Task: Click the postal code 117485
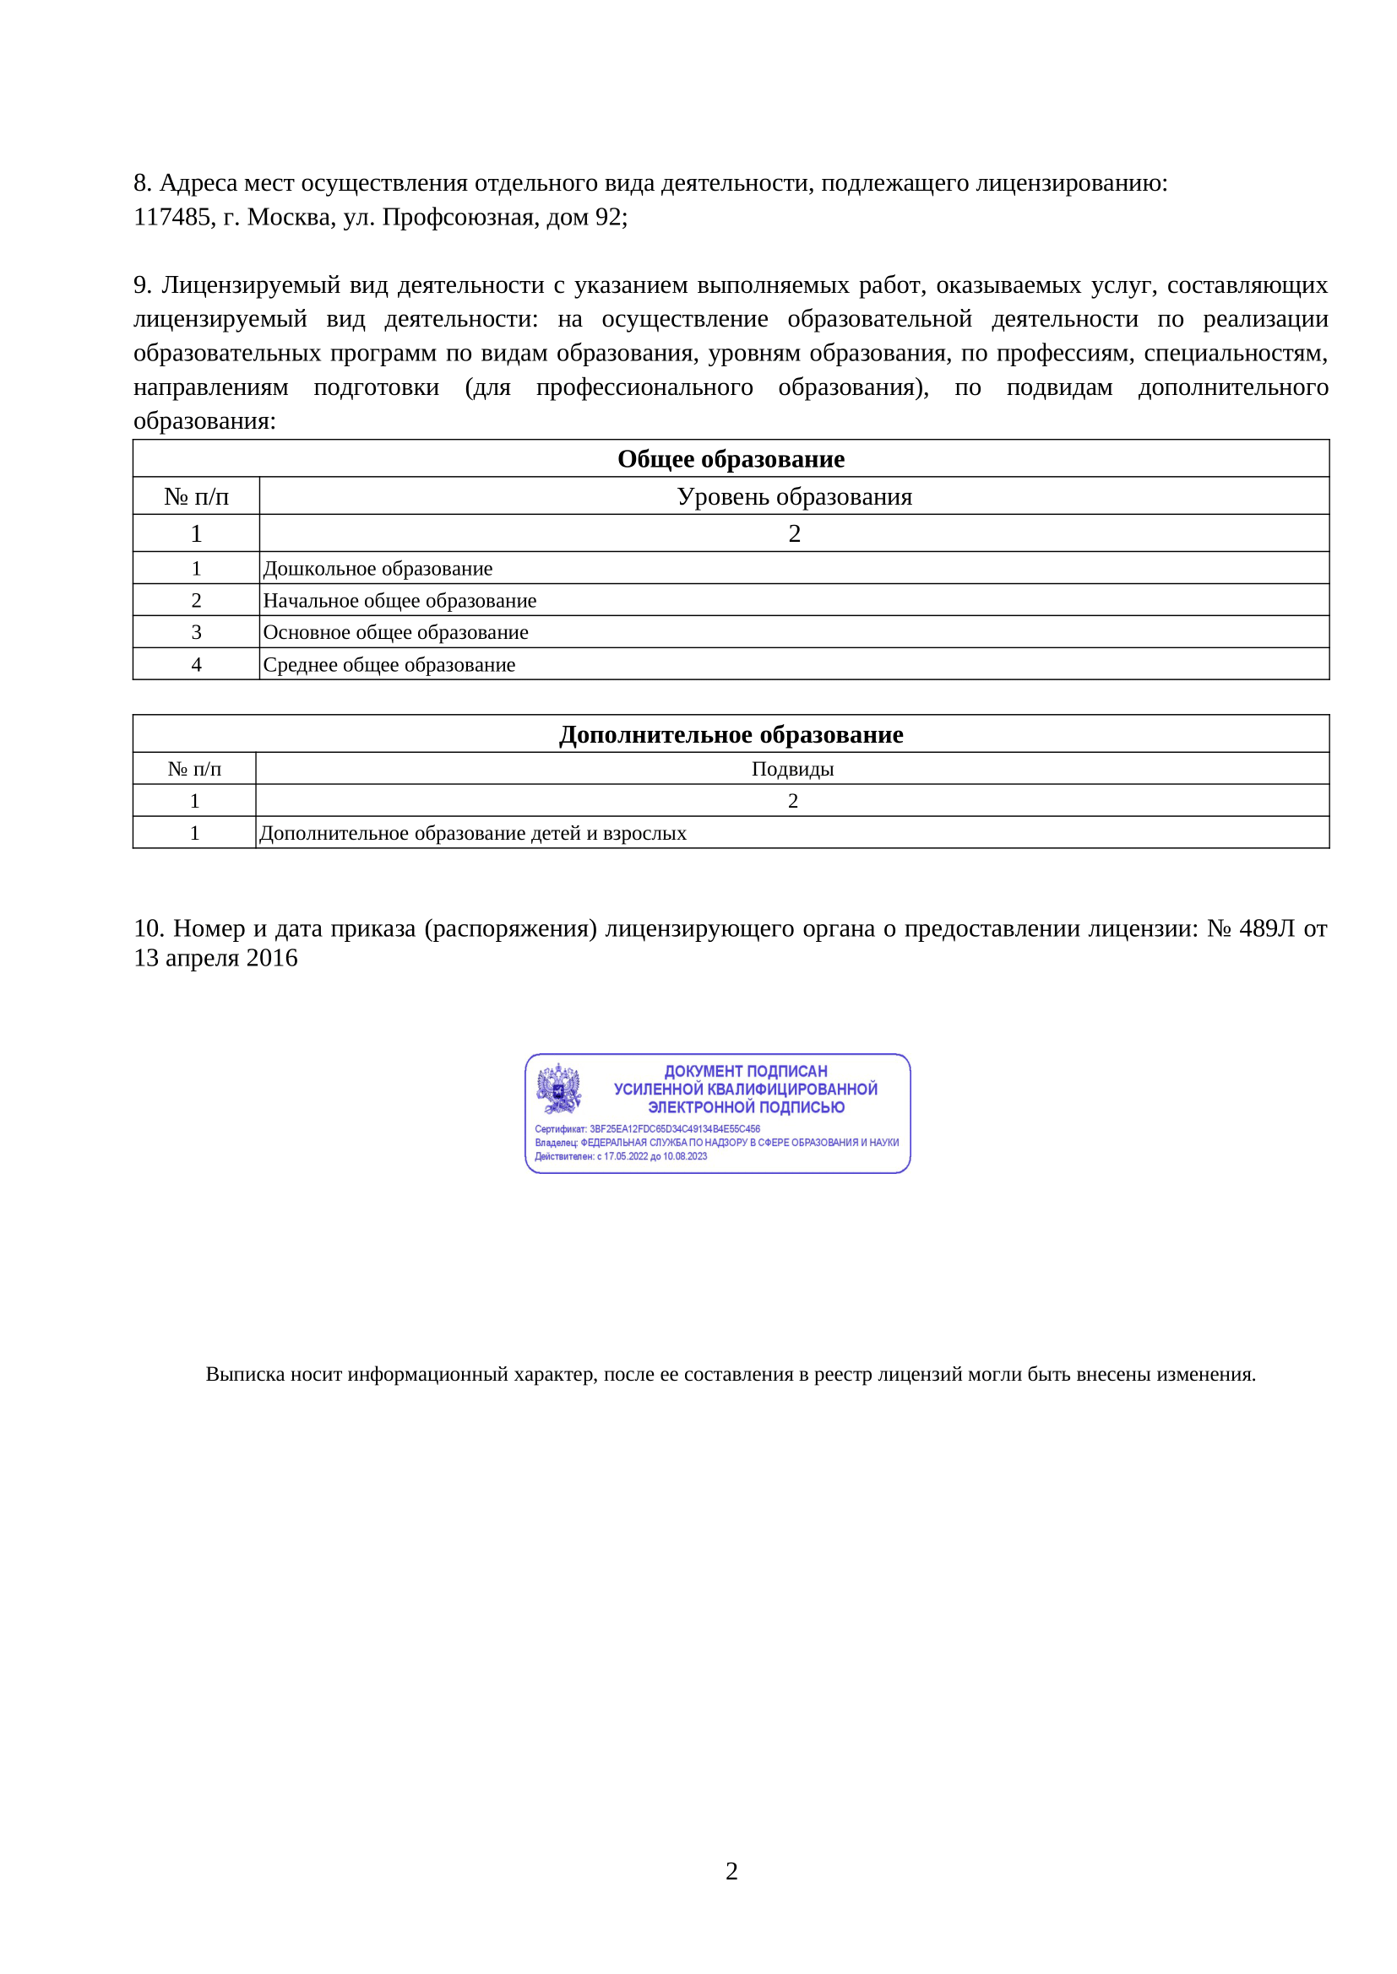172,217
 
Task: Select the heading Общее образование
731,459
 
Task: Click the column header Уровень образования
794,497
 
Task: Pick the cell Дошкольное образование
378,569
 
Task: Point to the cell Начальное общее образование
400,601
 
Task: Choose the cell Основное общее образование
395,633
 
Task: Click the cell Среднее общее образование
389,665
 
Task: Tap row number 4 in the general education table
196,665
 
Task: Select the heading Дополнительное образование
731,735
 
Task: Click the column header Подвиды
792,770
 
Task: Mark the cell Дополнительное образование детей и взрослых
472,834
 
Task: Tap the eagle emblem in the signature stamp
558,1090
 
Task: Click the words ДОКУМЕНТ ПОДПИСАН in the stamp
745,1071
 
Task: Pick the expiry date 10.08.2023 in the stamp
685,1156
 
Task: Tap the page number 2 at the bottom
731,1871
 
